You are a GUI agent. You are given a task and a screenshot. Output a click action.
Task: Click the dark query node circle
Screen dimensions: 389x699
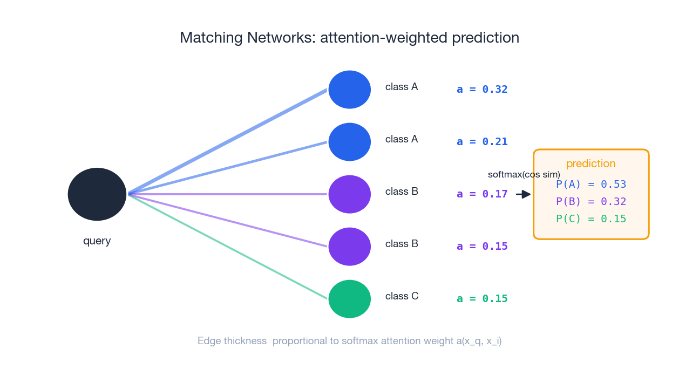pos(97,194)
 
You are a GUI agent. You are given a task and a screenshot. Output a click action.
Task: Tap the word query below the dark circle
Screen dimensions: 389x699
pos(97,241)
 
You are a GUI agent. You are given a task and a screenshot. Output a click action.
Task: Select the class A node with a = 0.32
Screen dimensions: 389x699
pos(350,90)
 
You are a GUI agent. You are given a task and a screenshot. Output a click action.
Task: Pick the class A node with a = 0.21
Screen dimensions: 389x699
pos(350,142)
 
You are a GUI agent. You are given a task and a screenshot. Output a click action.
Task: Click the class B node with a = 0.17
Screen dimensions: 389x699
pos(350,194)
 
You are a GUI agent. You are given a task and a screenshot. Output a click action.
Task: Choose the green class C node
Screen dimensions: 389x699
pos(350,299)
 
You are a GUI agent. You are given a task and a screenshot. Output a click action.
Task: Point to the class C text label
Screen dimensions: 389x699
pos(402,296)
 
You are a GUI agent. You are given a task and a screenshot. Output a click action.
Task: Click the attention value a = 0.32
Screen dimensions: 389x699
pos(482,90)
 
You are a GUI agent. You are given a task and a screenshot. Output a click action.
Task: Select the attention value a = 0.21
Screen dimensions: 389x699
pos(482,142)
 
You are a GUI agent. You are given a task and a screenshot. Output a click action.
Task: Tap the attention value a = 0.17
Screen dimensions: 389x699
pos(482,194)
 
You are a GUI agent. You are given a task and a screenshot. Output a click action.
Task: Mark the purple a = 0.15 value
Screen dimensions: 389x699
pos(482,247)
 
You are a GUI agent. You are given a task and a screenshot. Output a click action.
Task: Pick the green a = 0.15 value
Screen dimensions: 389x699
pos(482,299)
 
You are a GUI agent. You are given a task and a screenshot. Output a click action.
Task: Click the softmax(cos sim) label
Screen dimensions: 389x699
pos(524,175)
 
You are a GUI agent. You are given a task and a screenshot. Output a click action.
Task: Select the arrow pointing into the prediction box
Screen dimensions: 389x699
pos(523,194)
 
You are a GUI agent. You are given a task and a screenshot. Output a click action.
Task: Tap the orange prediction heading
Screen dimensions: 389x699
pos(591,164)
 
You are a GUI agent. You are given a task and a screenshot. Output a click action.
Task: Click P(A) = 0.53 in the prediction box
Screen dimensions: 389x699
pos(591,185)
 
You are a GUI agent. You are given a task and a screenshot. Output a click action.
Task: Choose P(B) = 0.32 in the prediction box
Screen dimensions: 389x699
pos(591,202)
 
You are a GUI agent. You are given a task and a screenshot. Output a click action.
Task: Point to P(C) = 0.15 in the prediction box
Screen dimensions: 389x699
pos(591,219)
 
